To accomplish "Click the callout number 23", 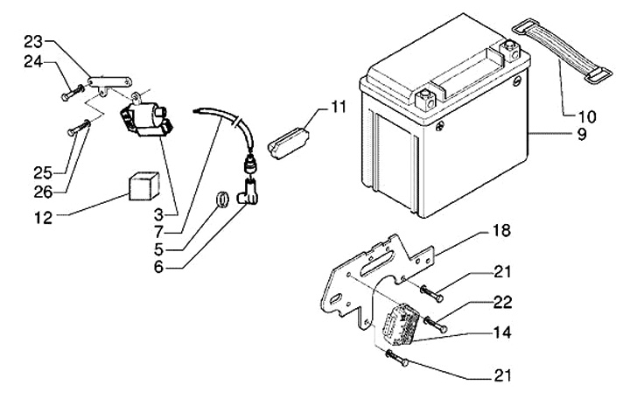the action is pos(33,42).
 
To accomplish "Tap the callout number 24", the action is pos(33,62).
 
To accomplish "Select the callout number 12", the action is pos(44,218).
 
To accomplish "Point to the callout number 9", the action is pos(582,134).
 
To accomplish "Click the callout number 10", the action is pos(587,117).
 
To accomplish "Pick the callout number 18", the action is pos(501,231).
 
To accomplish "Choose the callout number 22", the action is pos(502,302).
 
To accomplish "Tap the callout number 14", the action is pos(502,332).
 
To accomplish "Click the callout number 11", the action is pos(338,107).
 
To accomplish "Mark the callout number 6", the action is pos(159,267).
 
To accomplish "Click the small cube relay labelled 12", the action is pos(143,185).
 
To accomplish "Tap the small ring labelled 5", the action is pos(222,199).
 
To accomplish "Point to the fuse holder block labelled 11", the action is pos(288,143).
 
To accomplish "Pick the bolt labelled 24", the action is pos(73,92).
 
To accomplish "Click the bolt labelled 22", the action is pos(436,325).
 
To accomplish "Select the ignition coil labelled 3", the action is pos(146,117).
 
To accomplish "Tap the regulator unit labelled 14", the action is pos(401,324).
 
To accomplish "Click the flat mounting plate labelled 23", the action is pos(109,83).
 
